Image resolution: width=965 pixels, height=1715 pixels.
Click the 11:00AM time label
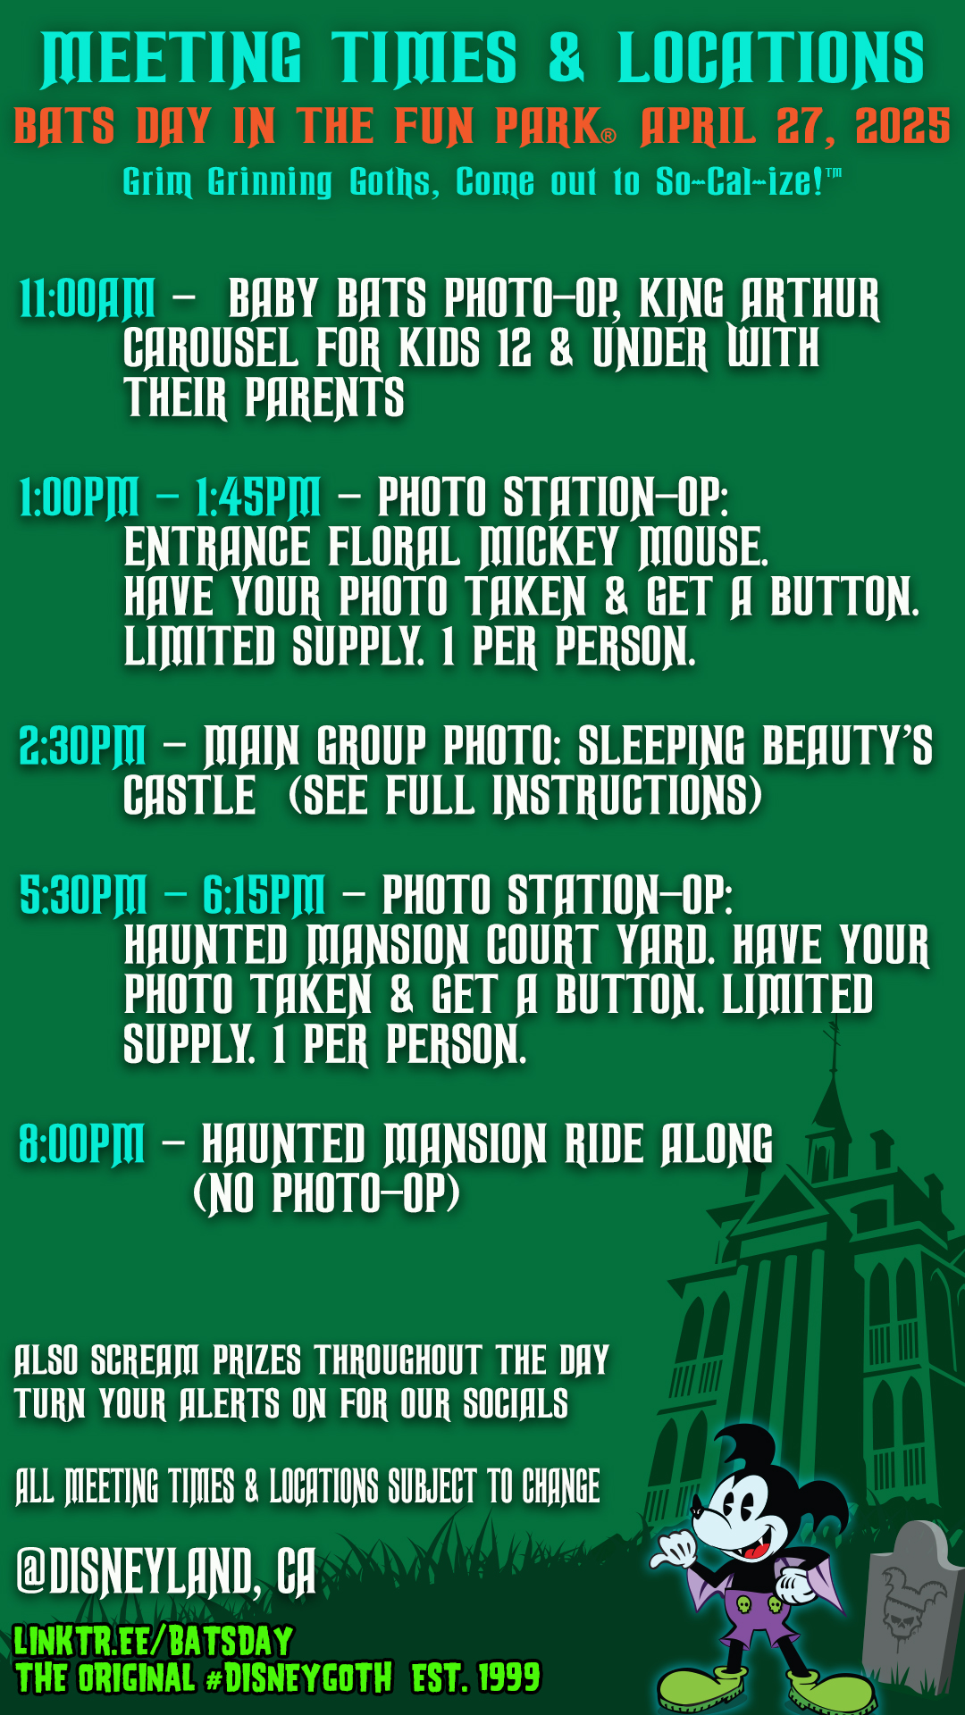[87, 298]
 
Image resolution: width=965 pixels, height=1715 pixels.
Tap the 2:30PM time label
[82, 745]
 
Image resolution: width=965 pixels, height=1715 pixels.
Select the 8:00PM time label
[81, 1143]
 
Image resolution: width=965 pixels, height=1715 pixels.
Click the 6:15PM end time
[264, 894]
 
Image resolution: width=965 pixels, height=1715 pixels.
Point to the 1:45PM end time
[257, 497]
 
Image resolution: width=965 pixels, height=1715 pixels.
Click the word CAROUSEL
[211, 348]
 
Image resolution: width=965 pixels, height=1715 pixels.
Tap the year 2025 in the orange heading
[902, 127]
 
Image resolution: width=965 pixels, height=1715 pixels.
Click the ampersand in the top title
[566, 57]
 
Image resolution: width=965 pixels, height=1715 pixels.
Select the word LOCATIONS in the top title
[771, 58]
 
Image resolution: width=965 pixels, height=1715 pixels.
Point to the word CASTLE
[189, 795]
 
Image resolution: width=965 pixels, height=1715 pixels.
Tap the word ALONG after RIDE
[717, 1144]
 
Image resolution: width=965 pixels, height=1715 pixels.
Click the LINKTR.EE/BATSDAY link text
[154, 1641]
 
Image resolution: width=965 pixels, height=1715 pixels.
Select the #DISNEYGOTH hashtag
[298, 1677]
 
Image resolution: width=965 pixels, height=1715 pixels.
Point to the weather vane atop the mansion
[835, 1042]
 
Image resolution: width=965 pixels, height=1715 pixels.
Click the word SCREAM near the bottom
[145, 1360]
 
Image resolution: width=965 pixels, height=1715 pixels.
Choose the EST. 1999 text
[475, 1677]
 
